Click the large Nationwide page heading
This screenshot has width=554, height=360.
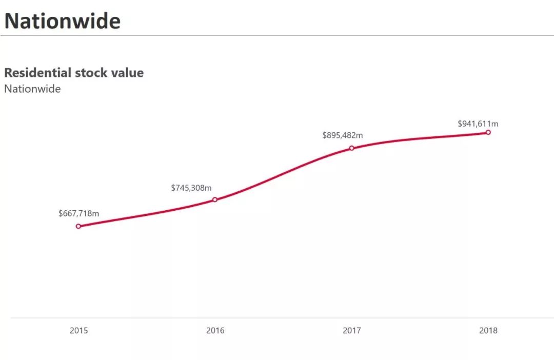[x=63, y=21]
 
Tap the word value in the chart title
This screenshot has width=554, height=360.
[x=126, y=73]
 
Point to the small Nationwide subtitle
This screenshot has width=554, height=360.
[x=32, y=89]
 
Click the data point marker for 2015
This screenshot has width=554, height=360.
[x=78, y=226]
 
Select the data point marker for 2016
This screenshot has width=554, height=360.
[x=215, y=199]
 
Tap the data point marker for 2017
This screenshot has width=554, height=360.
[x=352, y=148]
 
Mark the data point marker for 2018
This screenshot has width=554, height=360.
[x=488, y=132]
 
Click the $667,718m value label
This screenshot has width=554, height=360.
[x=78, y=213]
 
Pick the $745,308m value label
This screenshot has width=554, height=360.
[x=191, y=188]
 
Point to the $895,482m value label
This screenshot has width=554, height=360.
[x=343, y=135]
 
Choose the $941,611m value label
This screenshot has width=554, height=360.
[x=478, y=124]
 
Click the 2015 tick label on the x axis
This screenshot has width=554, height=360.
[x=78, y=331]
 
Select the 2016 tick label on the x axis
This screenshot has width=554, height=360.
[x=215, y=331]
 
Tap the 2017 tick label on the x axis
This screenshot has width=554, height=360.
[x=352, y=331]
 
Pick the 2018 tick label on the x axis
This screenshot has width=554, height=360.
[x=488, y=331]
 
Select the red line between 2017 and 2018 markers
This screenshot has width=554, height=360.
[x=421, y=137]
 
